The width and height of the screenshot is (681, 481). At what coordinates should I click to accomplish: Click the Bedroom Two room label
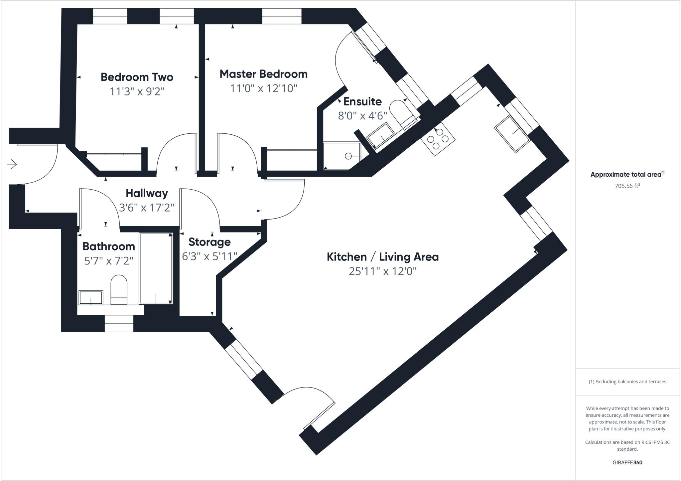pos(137,77)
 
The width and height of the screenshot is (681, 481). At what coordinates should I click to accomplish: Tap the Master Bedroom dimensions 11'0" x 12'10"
pos(263,88)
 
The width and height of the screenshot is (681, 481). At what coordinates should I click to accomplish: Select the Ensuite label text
pos(362,101)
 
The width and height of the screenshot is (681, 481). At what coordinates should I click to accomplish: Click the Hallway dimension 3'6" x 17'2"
pos(146,208)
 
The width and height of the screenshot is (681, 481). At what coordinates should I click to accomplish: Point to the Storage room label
pos(209,242)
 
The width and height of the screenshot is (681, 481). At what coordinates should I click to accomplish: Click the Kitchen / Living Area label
pos(382,257)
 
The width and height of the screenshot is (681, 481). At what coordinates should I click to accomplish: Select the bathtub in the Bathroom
pos(156,268)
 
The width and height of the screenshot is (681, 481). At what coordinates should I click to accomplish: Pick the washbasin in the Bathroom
pos(91,297)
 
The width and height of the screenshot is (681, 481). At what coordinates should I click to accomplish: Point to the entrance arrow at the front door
pos(12,164)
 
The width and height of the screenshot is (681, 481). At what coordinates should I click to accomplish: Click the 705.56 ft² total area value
pos(627,186)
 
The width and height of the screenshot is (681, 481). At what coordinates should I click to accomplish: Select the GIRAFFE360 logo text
pos(627,462)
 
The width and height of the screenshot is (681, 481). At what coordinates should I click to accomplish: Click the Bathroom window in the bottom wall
pos(119,323)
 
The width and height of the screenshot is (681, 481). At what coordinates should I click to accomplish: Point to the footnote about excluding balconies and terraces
pos(627,382)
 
